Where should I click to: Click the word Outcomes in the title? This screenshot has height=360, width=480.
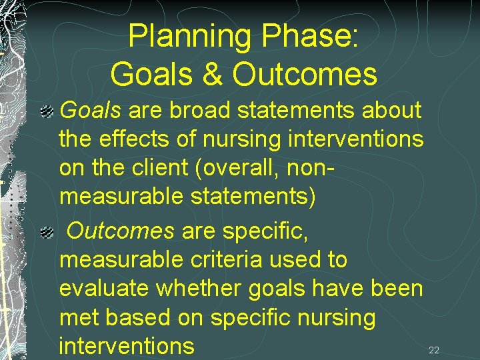[x=305, y=74]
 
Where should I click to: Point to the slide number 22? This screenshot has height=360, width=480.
[x=434, y=350]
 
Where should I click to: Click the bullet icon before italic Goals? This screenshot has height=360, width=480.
[x=47, y=111]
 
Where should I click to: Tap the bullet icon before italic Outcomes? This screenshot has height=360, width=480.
[x=47, y=232]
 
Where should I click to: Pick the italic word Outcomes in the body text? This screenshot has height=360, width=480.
[x=121, y=231]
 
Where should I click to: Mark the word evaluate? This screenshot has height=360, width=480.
[x=104, y=289]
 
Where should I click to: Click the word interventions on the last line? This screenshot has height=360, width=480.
[x=127, y=347]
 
